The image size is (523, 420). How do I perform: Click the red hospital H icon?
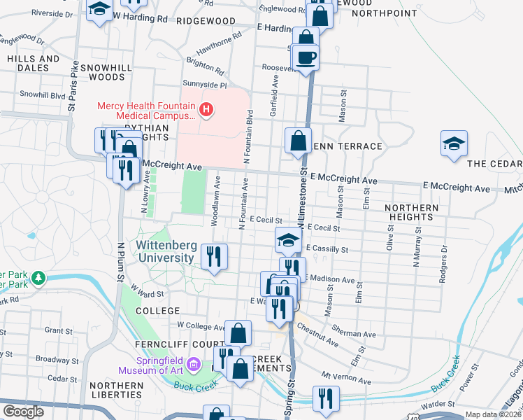coord(206,110)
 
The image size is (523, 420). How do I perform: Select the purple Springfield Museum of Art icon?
coord(195,365)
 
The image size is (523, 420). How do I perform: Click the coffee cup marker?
coord(306,57)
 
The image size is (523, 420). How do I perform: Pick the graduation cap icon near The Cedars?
coord(454,143)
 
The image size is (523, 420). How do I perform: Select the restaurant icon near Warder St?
coord(325,398)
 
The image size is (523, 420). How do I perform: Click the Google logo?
coord(23,412)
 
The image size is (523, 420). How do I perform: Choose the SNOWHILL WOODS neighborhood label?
coord(102,72)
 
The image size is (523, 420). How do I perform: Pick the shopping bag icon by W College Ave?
coord(238,332)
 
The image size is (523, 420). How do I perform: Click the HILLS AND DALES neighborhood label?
coord(33,64)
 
